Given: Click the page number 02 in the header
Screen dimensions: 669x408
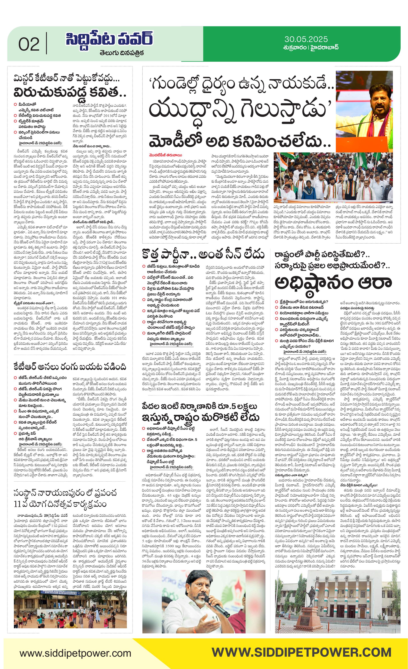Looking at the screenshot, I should (x=29, y=44).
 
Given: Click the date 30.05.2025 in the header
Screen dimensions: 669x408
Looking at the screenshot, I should (x=306, y=39).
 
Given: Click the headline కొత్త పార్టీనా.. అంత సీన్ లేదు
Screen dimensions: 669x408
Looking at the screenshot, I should (x=203, y=255).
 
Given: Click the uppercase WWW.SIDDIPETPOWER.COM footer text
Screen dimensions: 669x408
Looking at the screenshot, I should (x=301, y=652).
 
